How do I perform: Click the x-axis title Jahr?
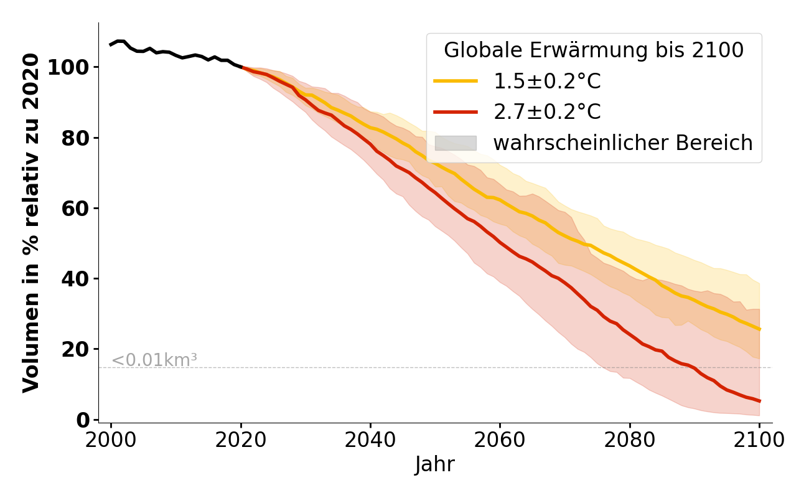435,464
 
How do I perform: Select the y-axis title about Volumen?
31,223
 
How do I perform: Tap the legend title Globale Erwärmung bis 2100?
594,50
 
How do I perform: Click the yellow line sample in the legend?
456,82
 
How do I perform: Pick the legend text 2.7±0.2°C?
547,112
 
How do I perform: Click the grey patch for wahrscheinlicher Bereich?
456,143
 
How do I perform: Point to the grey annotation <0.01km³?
154,360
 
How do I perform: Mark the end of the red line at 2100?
759,401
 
